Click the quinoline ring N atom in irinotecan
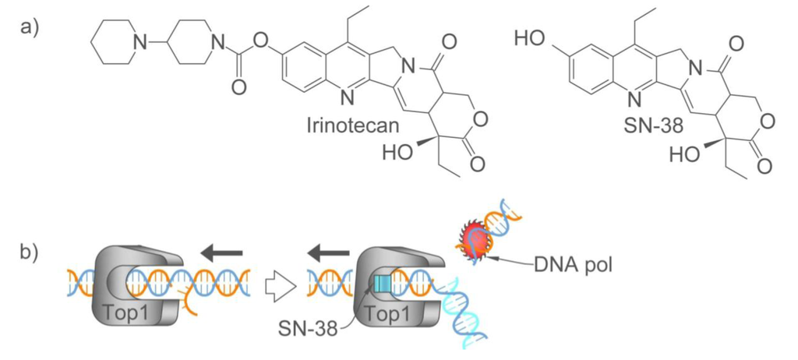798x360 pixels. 347,99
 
